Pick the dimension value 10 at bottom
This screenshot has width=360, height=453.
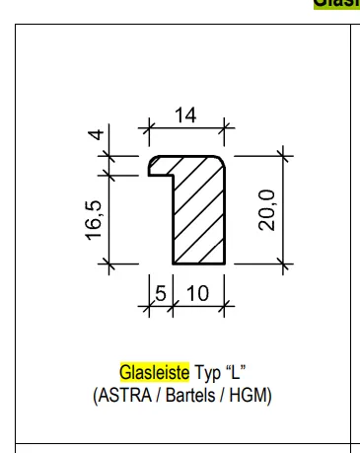pyautogui.click(x=197, y=294)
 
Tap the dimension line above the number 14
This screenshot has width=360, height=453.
pyautogui.click(x=186, y=125)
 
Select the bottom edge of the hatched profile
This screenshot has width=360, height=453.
pyautogui.click(x=200, y=264)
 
